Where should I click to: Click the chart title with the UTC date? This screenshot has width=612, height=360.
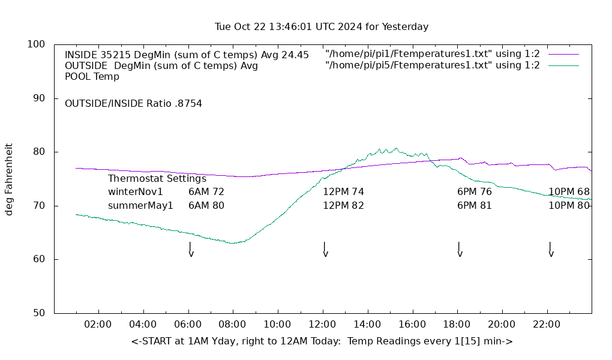coord(322,27)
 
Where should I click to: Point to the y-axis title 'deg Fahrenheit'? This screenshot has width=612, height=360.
coord(9,179)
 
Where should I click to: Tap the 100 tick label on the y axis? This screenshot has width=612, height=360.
coord(36,44)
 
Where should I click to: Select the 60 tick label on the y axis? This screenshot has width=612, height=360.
coord(38,259)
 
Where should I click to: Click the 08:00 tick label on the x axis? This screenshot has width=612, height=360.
coord(232,325)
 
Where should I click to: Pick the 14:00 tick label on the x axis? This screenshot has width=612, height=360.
coord(367,325)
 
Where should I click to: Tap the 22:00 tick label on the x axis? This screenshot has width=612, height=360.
coord(547,325)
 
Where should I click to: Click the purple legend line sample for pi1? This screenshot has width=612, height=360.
coord(563,54)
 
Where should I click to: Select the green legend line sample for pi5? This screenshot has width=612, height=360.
coord(563,65)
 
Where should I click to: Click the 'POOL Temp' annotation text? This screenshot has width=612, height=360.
coord(92,77)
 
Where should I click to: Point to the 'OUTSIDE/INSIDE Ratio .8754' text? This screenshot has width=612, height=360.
coord(133,104)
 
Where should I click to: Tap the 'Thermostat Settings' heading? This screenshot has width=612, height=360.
coord(157,179)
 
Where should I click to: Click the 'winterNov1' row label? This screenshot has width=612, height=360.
coord(136,192)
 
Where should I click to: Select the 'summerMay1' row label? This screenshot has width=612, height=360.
coord(140,206)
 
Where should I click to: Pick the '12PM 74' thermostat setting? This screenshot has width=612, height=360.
coord(343,192)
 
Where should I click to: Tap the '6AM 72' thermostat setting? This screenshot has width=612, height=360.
coord(206,192)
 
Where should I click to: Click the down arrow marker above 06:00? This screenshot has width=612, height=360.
coord(190,250)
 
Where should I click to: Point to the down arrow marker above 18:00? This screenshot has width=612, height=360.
coord(459,250)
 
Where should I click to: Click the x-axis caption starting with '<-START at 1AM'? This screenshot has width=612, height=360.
coord(322,341)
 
